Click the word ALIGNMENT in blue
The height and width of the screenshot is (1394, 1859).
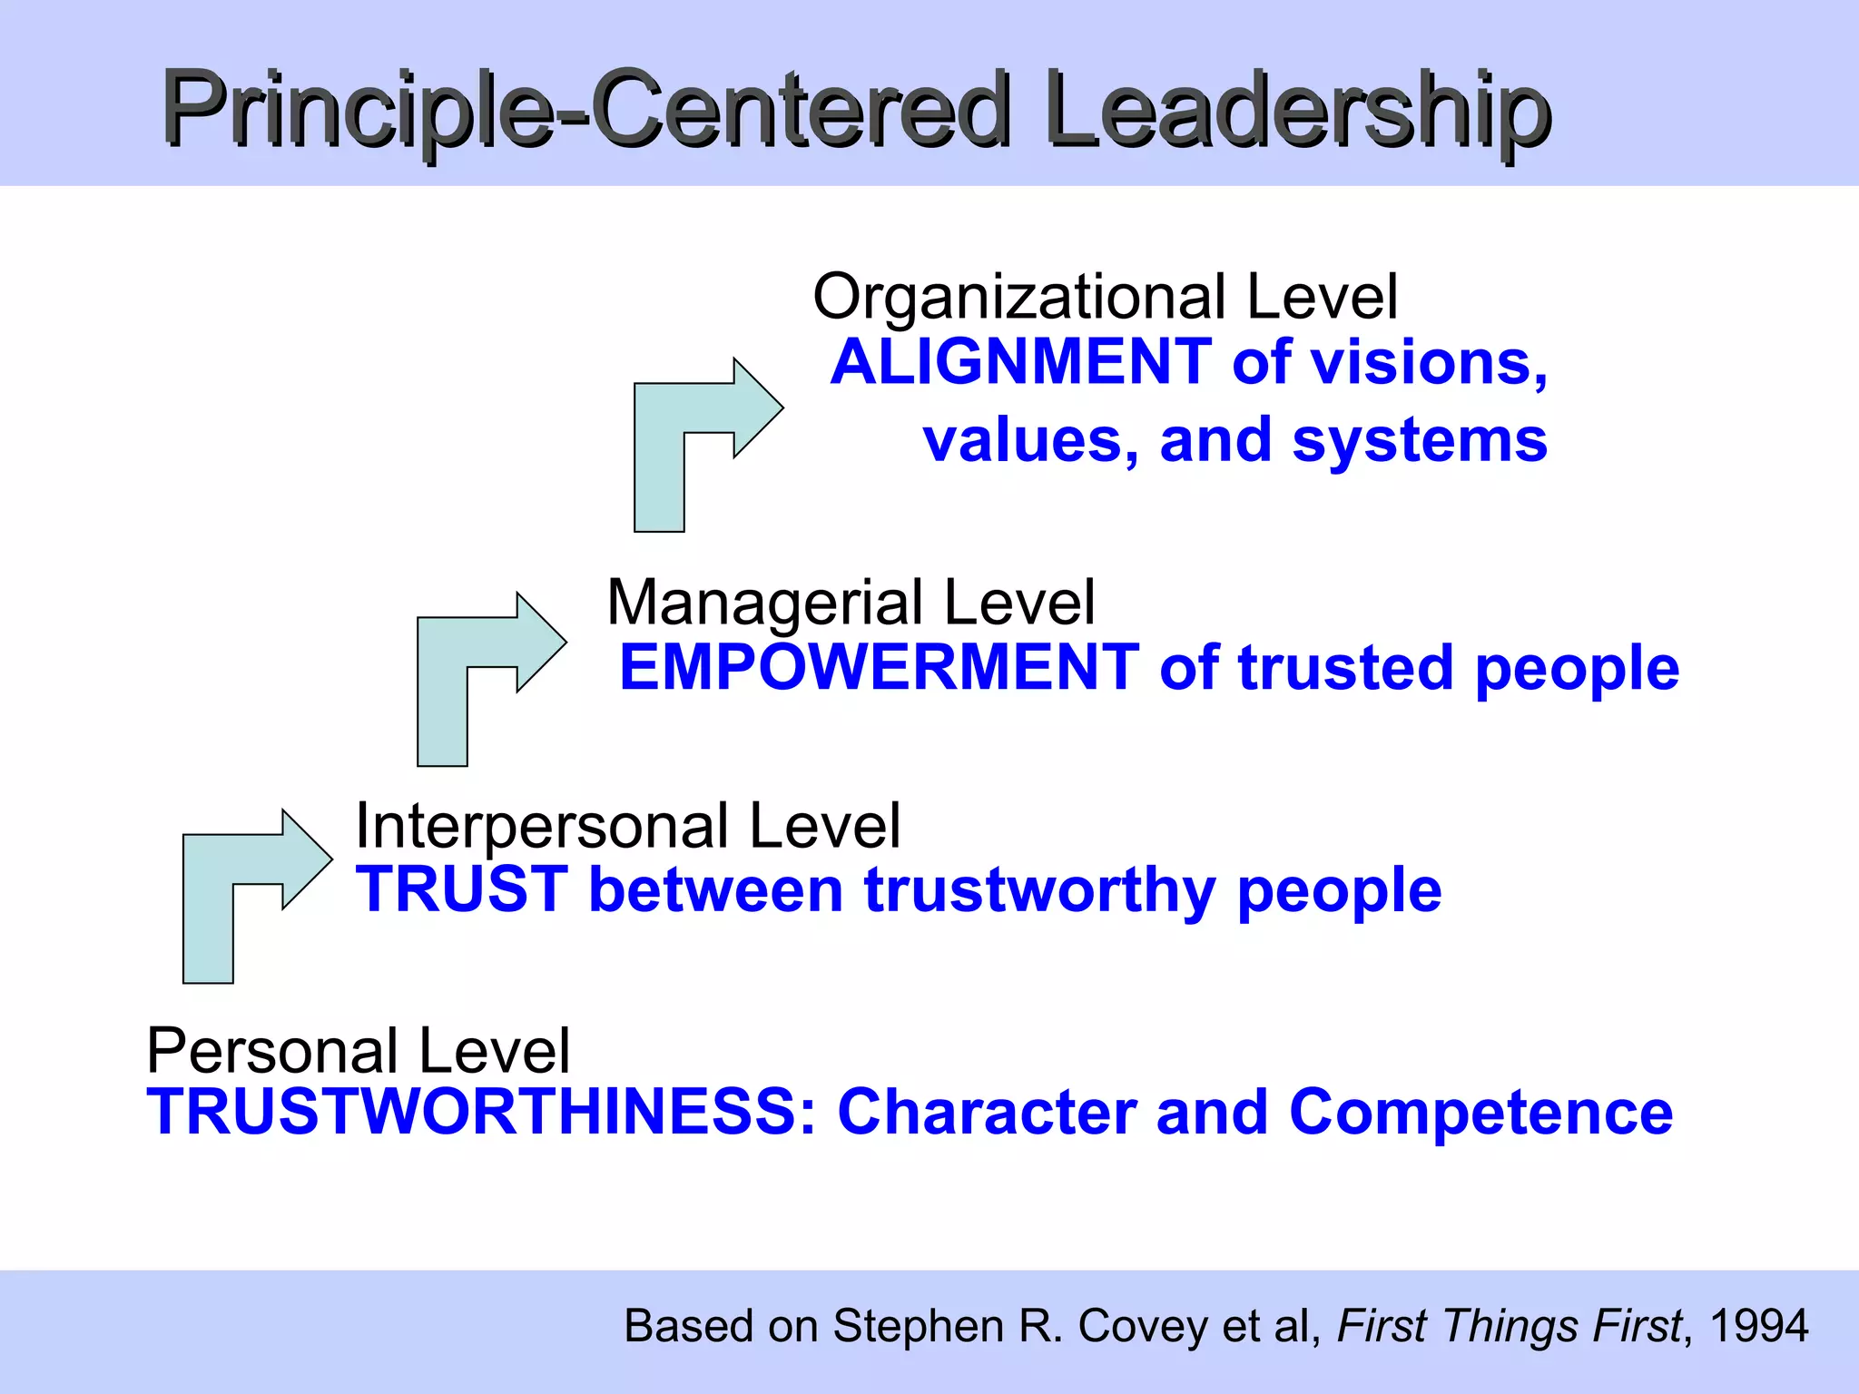click(x=1021, y=362)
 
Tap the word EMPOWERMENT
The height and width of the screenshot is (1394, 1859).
click(x=879, y=668)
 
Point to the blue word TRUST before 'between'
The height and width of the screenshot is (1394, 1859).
click(x=462, y=889)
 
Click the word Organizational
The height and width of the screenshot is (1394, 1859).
click(x=1020, y=297)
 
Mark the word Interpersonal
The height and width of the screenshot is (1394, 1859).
click(x=543, y=826)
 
